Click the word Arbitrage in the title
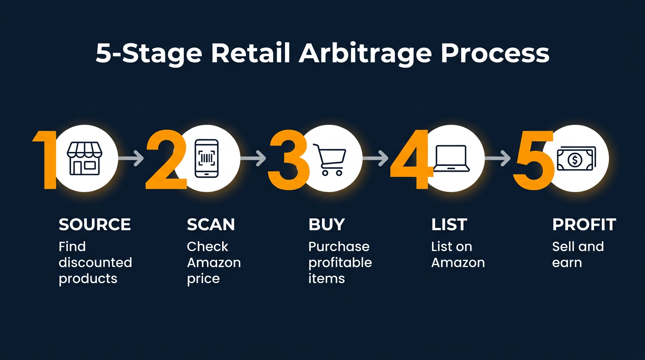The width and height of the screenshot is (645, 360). tap(365, 54)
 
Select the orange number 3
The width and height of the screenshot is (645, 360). tap(287, 159)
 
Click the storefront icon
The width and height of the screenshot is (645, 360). tap(84, 159)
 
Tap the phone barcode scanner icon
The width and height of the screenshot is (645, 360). tap(206, 158)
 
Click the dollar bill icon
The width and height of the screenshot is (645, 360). tap(575, 159)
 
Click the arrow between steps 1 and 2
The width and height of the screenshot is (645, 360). tap(131, 159)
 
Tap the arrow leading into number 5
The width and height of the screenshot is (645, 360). tap(498, 159)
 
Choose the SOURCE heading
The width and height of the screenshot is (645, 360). tap(95, 225)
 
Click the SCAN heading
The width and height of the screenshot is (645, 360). tap(211, 225)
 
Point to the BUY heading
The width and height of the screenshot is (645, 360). tap(327, 225)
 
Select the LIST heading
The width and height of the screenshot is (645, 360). tap(449, 225)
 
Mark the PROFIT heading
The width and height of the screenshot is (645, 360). tap(584, 225)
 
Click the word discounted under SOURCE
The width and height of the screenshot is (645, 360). tap(95, 262)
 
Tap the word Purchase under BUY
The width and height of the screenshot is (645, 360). tap(339, 247)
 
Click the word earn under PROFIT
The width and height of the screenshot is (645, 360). tap(567, 262)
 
